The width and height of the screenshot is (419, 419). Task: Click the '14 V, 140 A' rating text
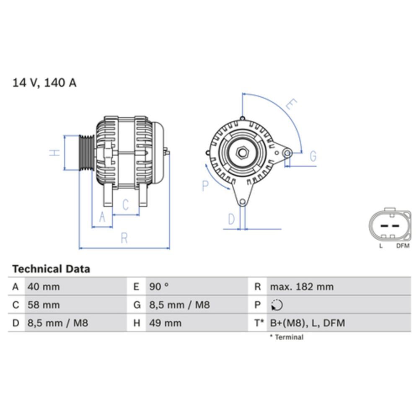[44, 83]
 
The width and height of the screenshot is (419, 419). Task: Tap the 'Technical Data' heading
[51, 269]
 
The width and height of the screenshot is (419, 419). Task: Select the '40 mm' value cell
[44, 287]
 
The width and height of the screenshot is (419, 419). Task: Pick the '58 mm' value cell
[44, 305]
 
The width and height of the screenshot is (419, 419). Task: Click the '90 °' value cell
[159, 287]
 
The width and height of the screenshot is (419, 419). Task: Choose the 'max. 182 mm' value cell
[302, 287]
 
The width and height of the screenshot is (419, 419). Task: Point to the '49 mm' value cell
[166, 323]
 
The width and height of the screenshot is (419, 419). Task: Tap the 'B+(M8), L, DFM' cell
[308, 323]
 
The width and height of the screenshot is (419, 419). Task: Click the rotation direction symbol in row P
[277, 305]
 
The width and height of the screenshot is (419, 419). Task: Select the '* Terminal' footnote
[287, 337]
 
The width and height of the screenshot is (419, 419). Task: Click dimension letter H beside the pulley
[54, 153]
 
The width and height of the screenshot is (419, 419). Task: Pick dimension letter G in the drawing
[313, 156]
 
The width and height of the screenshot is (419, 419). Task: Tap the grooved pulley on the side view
[87, 153]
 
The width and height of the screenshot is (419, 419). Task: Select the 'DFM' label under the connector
[402, 246]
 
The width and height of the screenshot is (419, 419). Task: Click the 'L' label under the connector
[381, 246]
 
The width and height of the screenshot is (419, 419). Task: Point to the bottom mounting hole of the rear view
[242, 203]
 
